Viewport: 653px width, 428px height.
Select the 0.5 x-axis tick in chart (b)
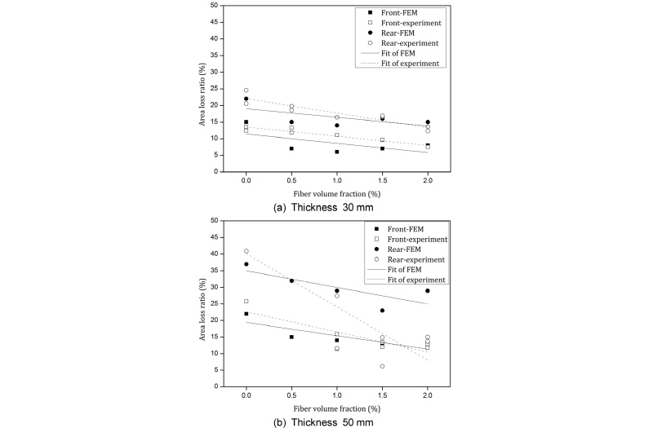point(291,397)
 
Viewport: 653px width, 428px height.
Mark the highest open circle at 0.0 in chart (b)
point(247,251)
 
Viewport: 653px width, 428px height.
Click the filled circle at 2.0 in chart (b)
point(427,291)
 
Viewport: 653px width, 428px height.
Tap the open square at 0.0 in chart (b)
point(247,302)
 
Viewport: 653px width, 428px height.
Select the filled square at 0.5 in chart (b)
point(291,337)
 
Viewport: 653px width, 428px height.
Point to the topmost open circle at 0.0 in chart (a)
point(247,90)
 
